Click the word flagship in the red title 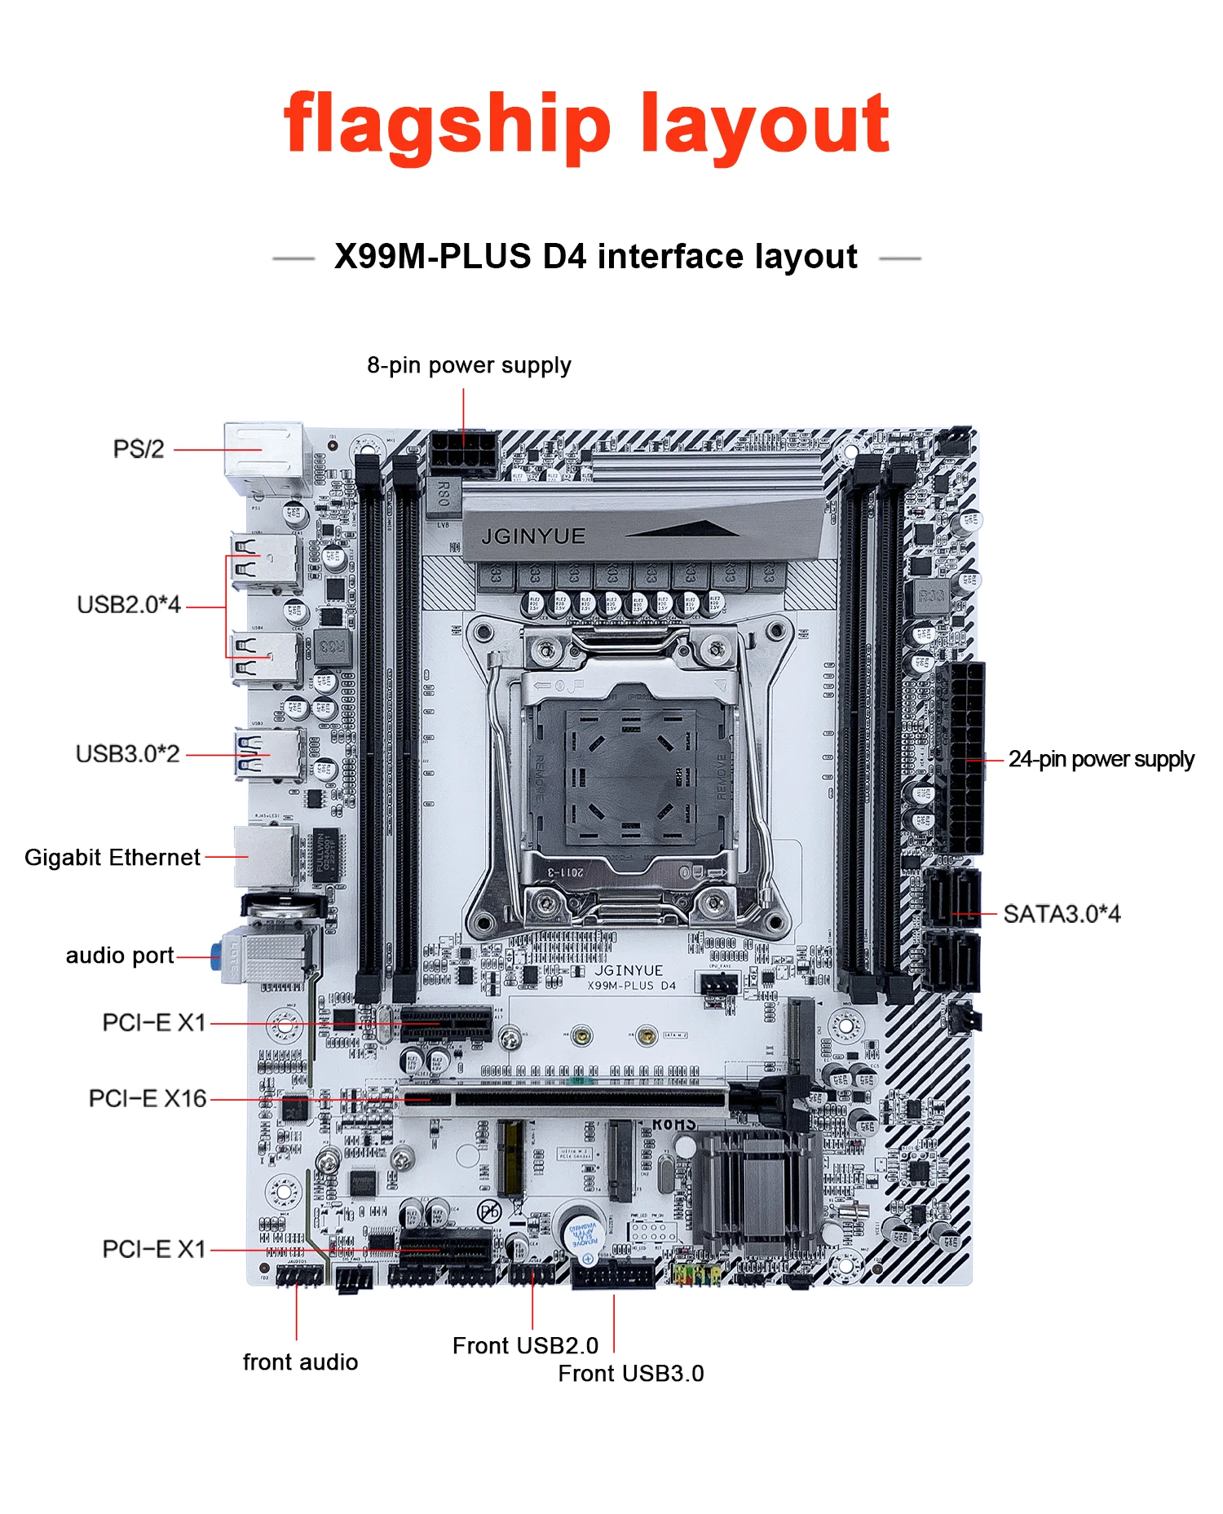(x=447, y=125)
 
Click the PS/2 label (x=139, y=449)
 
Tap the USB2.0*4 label (x=129, y=605)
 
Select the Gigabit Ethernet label (x=113, y=858)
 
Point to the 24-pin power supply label (x=1101, y=760)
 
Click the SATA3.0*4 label (x=1062, y=915)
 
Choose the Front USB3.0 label (x=630, y=1374)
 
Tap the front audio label (x=300, y=1362)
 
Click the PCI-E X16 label (x=148, y=1099)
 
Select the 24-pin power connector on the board (x=963, y=758)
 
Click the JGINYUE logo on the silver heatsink (x=533, y=536)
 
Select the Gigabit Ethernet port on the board (x=266, y=855)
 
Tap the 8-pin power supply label (x=469, y=365)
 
